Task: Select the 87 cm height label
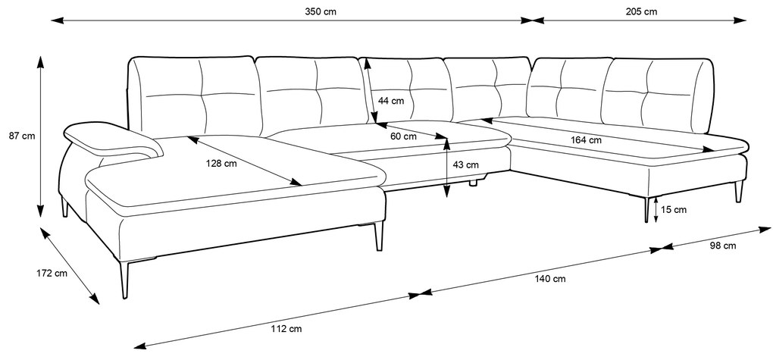22,136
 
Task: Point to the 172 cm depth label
52,273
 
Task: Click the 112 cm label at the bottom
287,328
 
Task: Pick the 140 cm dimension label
551,279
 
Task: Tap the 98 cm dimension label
723,246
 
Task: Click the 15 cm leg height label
674,210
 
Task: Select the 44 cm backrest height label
391,101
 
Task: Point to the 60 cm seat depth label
403,136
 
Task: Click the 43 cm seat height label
465,165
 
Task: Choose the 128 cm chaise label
221,164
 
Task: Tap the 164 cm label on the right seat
586,140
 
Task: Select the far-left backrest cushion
195,96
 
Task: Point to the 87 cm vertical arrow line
40,136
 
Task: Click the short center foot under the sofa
474,183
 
